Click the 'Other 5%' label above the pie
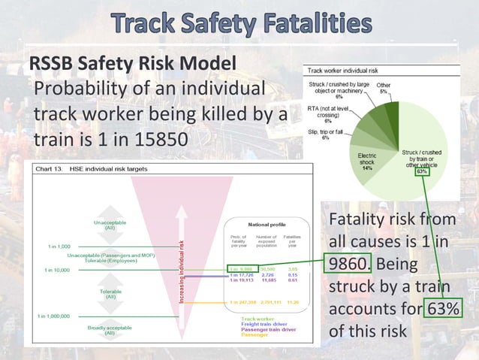coord(384,89)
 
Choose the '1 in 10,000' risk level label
coord(57,270)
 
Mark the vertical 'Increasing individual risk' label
coord(180,271)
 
